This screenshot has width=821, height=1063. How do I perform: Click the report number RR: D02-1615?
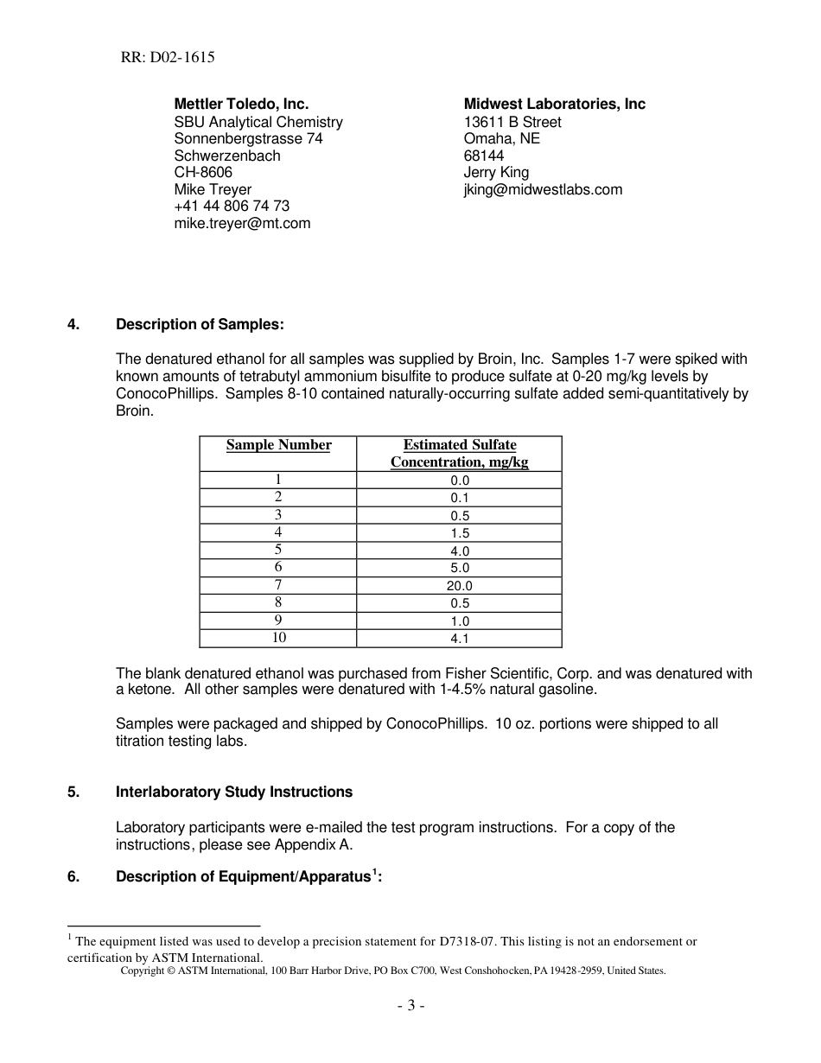(168, 58)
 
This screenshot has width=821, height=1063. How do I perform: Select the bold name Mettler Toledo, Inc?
(241, 104)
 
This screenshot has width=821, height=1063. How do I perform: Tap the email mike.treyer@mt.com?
(242, 223)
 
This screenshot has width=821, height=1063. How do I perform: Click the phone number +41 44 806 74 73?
(232, 206)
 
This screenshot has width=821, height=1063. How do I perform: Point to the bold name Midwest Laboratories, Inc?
(554, 104)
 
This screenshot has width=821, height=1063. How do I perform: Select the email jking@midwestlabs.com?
(543, 189)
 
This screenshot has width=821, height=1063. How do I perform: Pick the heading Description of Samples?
(200, 324)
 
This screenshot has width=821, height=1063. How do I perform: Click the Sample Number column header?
(278, 445)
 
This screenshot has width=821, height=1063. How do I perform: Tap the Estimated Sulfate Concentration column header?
(459, 453)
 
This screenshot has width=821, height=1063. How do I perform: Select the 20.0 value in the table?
(459, 586)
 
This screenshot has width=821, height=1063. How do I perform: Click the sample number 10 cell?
(278, 638)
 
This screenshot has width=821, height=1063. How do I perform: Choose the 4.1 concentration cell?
(459, 639)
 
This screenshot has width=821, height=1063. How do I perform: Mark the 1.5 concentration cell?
(459, 533)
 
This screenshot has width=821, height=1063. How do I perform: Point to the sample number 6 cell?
(278, 567)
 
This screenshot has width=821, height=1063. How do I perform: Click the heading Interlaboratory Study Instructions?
(234, 792)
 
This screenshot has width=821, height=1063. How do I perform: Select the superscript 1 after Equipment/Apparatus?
(374, 872)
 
